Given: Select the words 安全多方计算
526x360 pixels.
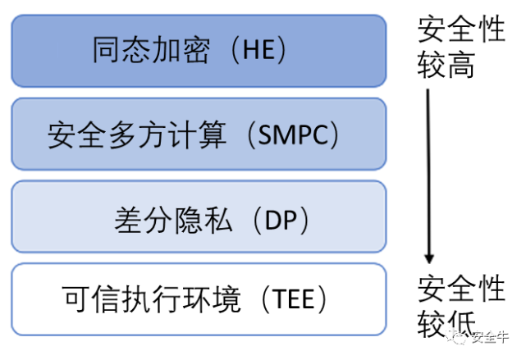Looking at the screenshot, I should (137, 134).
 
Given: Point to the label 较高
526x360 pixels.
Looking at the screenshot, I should (446, 66).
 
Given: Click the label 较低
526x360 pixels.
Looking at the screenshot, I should (446, 321).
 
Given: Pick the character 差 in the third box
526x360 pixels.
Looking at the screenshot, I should (128, 219).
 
